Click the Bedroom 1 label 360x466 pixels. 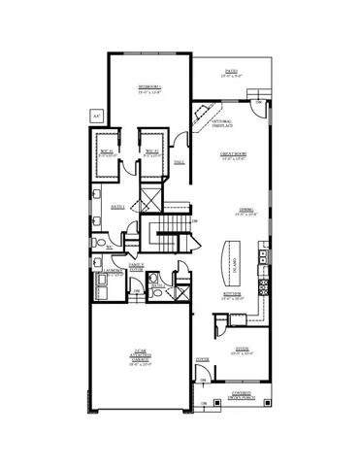pos(148,89)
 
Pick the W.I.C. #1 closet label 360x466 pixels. pos(106,151)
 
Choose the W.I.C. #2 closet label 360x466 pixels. pos(151,151)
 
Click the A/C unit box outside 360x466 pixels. pos(95,115)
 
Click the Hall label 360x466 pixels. pos(179,163)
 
